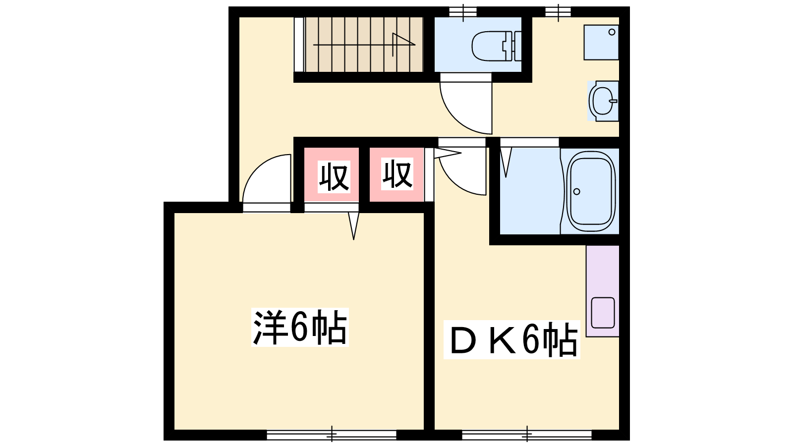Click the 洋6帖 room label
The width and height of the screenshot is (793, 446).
(300, 327)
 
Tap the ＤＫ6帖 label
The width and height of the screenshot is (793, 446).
(512, 339)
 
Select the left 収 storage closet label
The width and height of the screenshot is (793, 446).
(334, 176)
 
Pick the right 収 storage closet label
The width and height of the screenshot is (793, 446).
(397, 174)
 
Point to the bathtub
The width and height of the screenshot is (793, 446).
(590, 191)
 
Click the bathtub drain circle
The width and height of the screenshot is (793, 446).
(577, 191)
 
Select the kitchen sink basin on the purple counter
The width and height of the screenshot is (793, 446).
(603, 313)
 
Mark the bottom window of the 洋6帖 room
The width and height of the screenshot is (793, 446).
(332, 435)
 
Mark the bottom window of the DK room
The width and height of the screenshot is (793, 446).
(527, 435)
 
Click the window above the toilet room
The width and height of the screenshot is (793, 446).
(463, 12)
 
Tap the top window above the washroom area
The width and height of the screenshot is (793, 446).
(558, 12)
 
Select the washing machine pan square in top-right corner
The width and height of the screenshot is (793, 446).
(601, 42)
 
